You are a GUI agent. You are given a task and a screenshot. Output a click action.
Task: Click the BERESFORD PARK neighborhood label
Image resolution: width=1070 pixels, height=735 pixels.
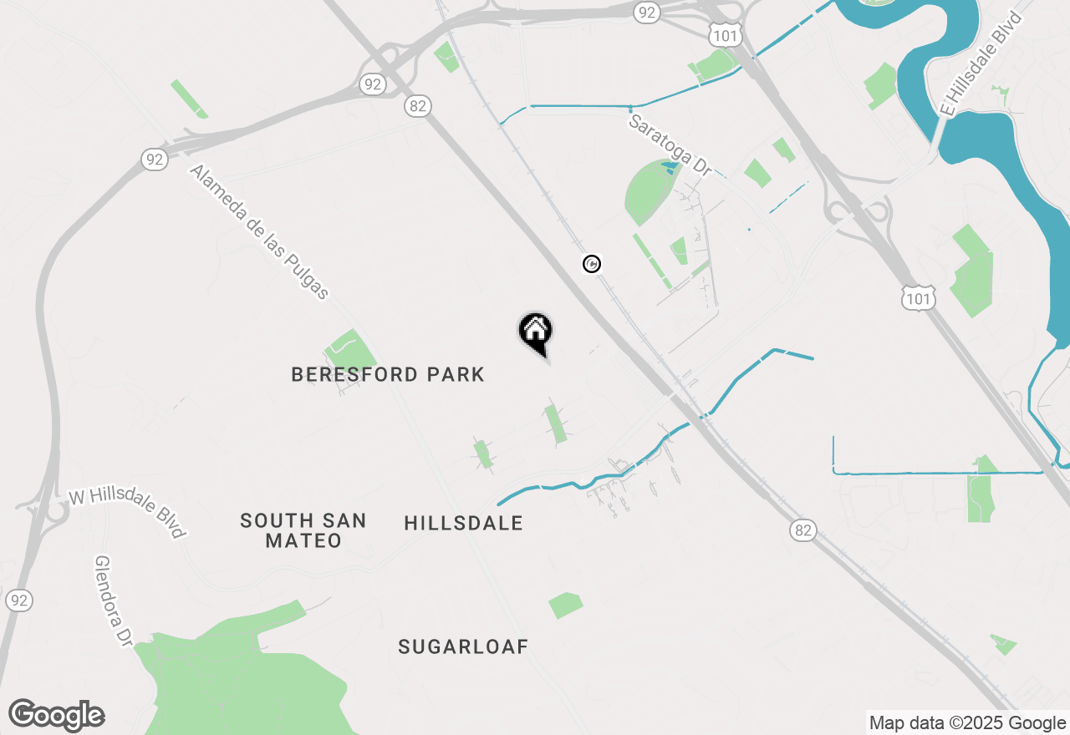[388, 374]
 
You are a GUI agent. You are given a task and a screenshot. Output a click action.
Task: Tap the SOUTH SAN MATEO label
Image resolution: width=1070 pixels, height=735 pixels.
[303, 530]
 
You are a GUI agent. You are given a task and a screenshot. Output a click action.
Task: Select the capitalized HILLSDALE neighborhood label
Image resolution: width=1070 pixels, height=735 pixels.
[463, 524]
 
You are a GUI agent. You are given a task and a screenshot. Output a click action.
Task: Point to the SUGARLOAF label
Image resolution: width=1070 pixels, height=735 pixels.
[463, 646]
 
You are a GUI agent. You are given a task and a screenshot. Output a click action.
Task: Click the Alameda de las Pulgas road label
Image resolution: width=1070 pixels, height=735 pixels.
[259, 231]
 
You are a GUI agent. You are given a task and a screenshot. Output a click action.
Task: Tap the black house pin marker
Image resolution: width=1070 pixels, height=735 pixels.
[535, 331]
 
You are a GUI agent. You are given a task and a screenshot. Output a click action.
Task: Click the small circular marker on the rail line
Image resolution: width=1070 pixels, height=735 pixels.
[592, 264]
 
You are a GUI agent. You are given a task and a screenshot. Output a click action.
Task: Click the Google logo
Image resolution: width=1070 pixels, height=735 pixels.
[57, 716]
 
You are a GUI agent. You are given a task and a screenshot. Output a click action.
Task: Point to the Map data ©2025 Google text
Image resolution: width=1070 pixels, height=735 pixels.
[968, 723]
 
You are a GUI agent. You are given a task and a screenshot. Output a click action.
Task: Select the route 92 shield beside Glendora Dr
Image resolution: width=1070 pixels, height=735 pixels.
[19, 600]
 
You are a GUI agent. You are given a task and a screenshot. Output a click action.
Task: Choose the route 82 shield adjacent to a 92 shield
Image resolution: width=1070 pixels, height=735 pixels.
[418, 105]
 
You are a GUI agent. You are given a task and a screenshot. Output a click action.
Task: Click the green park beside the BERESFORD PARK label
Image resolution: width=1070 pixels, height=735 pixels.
[350, 349]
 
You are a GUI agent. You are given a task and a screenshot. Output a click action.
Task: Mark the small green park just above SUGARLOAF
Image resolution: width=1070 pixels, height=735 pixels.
[566, 605]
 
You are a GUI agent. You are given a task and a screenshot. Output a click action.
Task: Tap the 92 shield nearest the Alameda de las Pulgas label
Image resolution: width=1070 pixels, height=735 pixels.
[154, 160]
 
